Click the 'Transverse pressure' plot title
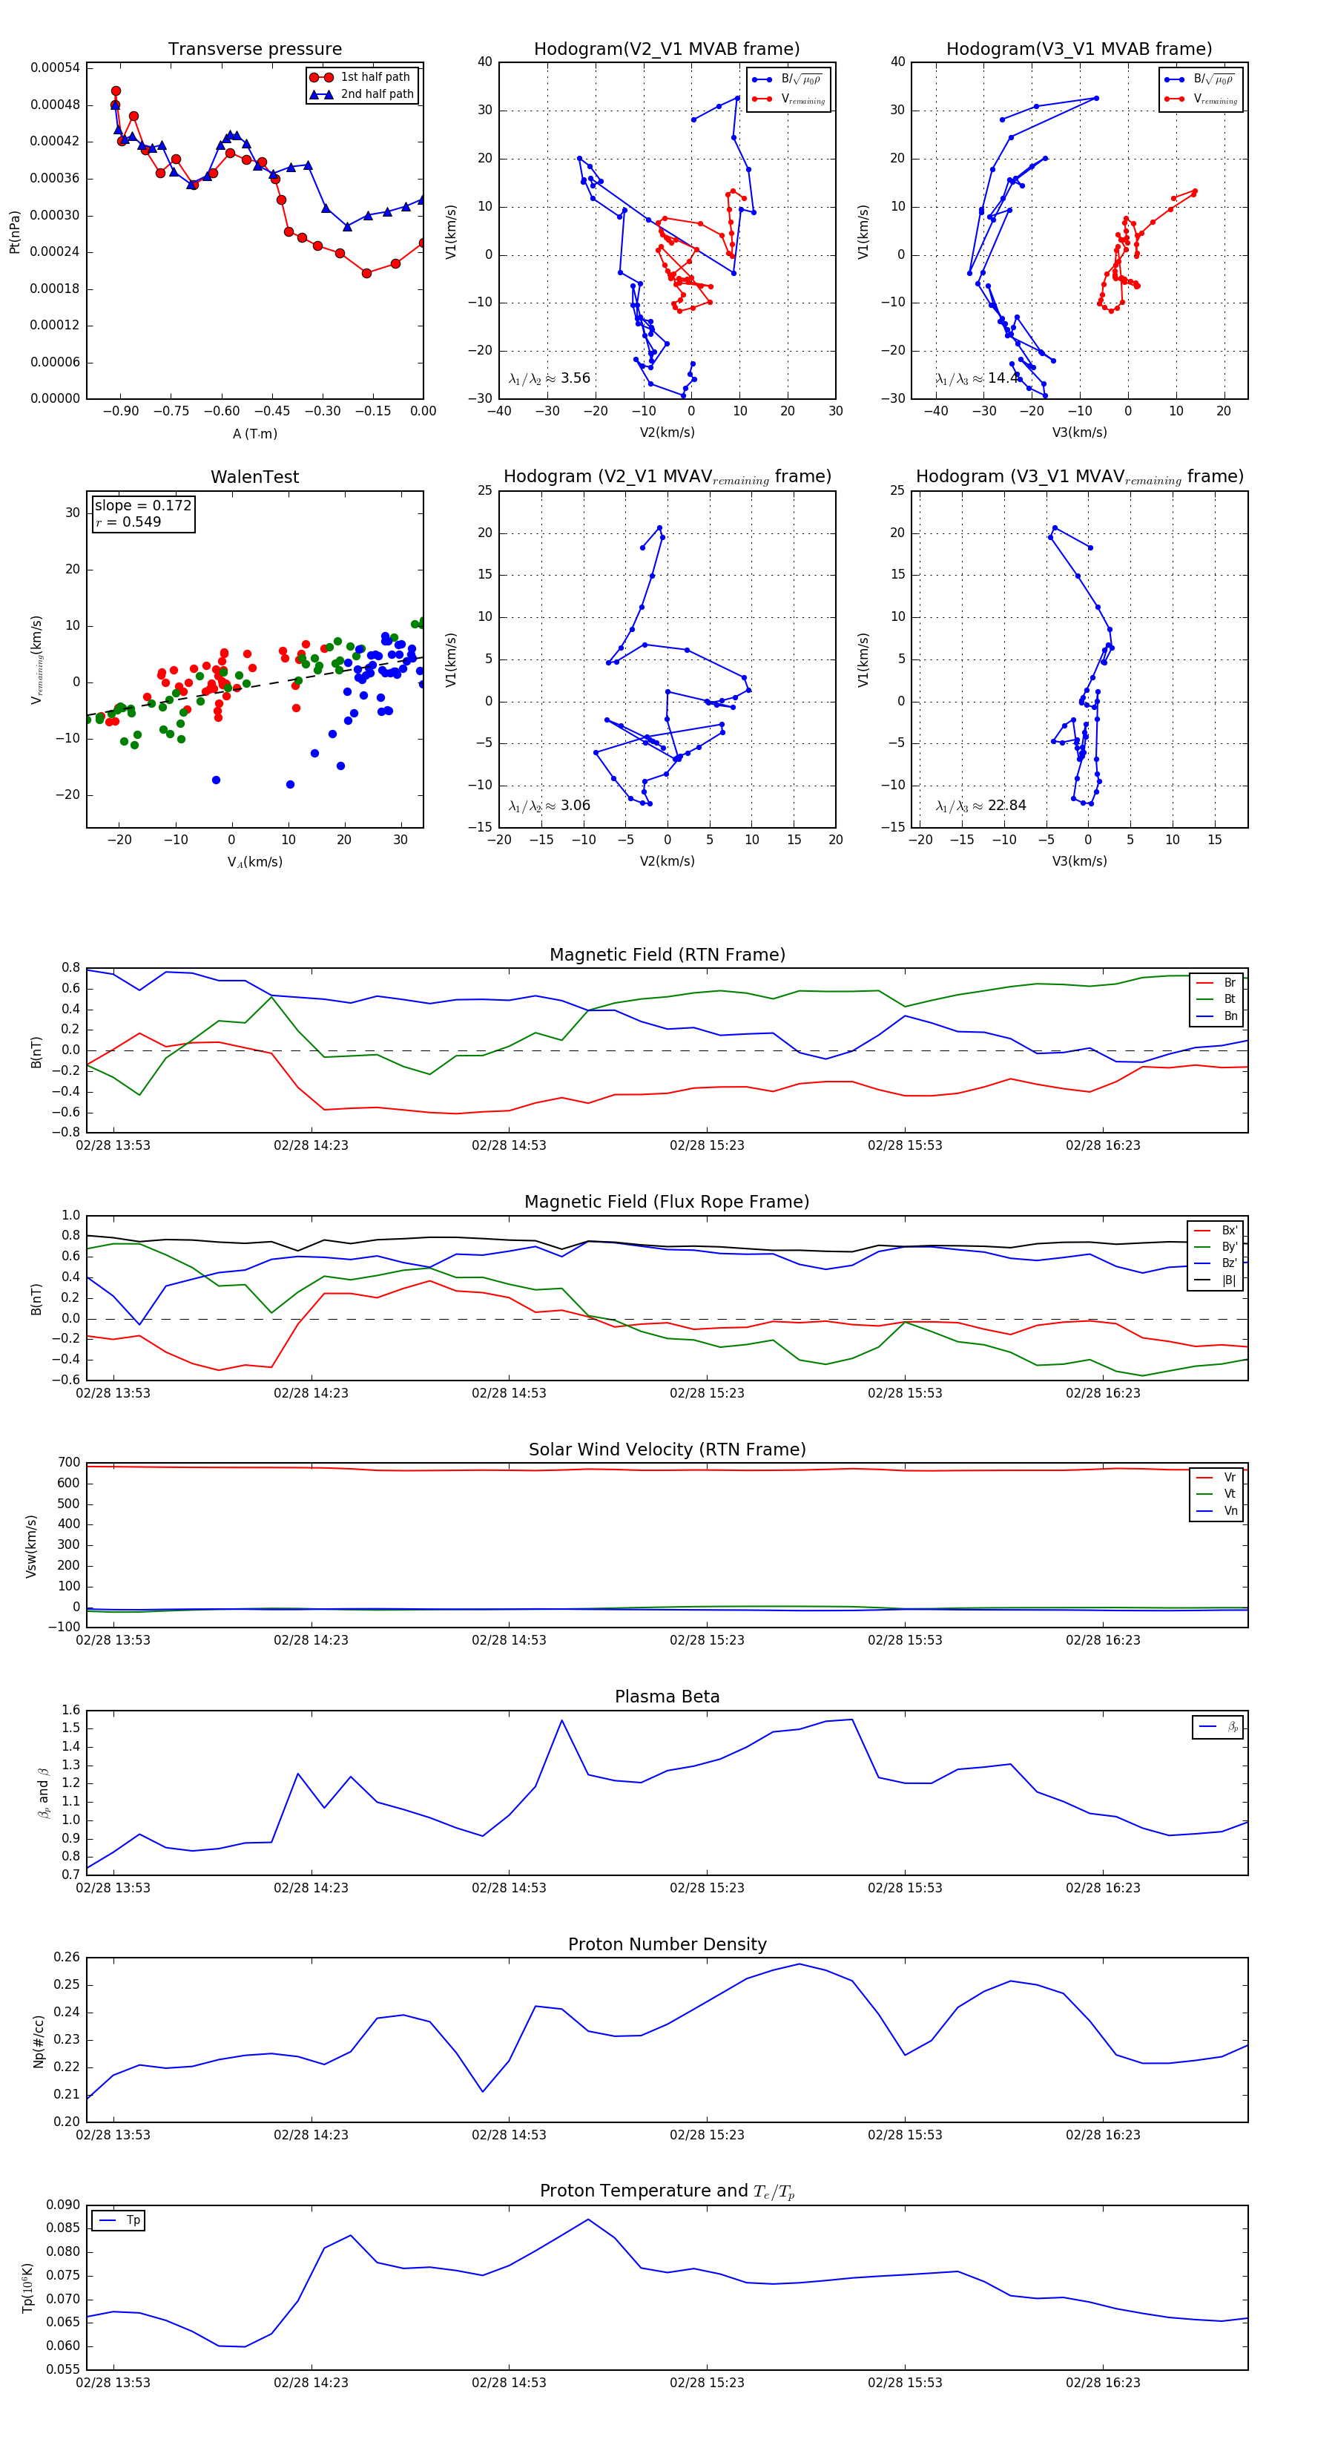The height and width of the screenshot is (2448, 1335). (254, 50)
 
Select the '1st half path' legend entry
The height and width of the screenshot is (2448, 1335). (375, 77)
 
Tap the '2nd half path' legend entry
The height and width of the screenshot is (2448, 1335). (376, 94)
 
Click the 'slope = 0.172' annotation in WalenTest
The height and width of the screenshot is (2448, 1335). (142, 506)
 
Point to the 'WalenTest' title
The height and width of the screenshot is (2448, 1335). (254, 477)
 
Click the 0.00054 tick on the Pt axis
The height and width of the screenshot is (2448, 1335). (55, 68)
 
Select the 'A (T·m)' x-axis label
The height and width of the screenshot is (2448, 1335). (254, 433)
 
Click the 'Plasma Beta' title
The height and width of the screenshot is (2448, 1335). (667, 1697)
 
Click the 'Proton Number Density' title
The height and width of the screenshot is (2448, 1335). (667, 1944)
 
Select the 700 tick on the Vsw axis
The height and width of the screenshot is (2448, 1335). (68, 1463)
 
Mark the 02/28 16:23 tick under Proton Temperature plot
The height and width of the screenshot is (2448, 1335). (1102, 2383)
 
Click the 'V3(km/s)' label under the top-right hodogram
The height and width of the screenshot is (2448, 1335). (1078, 432)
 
